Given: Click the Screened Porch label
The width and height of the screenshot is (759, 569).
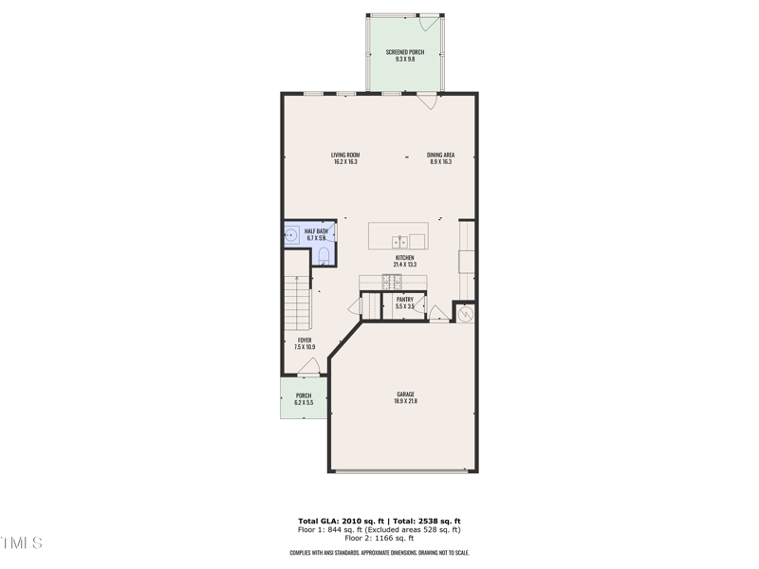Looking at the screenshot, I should point(404,52).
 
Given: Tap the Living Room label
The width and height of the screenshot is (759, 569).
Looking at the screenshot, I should point(345,156).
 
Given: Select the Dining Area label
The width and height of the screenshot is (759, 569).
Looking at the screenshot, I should point(440,156).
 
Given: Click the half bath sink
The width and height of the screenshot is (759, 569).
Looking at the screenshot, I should point(292,233).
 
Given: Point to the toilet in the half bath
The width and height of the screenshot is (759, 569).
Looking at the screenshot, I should point(324,255).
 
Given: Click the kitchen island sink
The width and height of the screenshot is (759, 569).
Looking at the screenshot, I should point(403,239).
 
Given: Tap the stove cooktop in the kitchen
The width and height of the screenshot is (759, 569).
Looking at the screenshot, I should point(392,281).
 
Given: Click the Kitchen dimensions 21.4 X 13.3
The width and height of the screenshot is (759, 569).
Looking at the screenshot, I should point(405,265).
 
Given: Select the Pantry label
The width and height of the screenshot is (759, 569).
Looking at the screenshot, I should point(405,300).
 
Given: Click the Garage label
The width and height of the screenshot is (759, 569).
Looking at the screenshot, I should point(405,395).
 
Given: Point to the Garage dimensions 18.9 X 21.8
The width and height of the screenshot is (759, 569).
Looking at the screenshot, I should point(405,402).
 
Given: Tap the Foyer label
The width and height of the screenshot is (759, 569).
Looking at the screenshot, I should point(305,340).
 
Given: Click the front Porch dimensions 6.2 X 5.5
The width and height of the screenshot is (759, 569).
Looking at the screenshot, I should point(304,403).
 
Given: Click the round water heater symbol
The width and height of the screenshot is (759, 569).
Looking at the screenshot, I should point(466,313).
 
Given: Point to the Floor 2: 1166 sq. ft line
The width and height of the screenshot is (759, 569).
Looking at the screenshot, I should point(379,539).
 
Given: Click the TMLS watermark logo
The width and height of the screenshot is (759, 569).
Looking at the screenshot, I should point(21,543).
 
